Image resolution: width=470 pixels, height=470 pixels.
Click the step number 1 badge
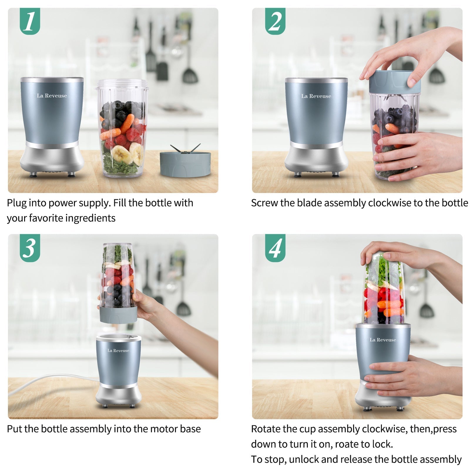tap(30, 21)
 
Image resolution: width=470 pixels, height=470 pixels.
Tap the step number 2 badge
tap(275, 21)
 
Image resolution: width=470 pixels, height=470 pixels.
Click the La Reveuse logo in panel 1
tap(52, 96)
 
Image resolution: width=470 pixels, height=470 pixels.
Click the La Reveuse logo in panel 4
tap(383, 340)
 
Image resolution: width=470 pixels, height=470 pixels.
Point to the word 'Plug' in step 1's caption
tap(16, 203)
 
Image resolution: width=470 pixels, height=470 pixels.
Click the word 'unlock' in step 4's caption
tap(303, 459)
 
